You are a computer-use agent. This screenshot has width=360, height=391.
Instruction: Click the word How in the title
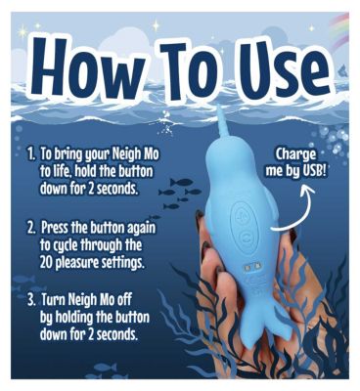click(89, 67)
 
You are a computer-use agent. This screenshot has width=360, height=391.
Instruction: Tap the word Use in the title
click(280, 71)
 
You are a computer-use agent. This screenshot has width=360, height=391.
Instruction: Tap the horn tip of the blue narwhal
click(221, 108)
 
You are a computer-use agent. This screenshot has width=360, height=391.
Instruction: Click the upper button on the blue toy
click(242, 217)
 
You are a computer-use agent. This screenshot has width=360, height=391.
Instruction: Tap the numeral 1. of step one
click(32, 153)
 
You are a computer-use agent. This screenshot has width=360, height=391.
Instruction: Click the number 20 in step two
click(46, 262)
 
